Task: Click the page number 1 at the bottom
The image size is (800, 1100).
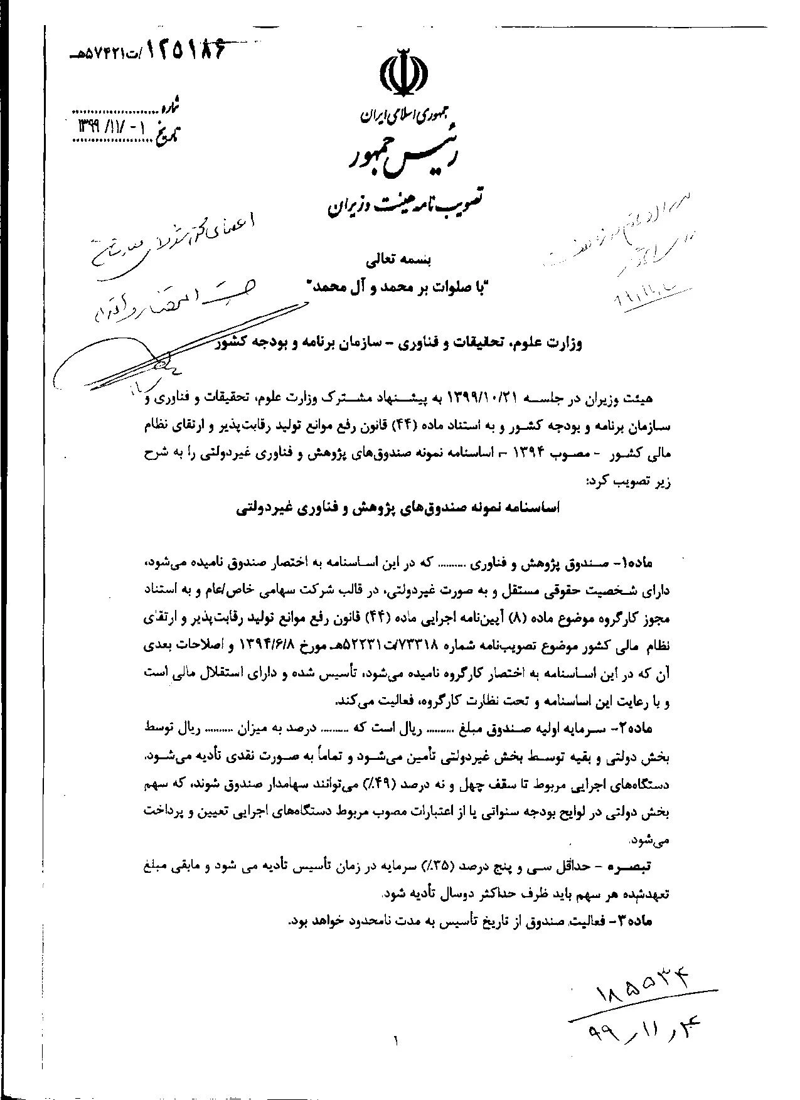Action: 397,1042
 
